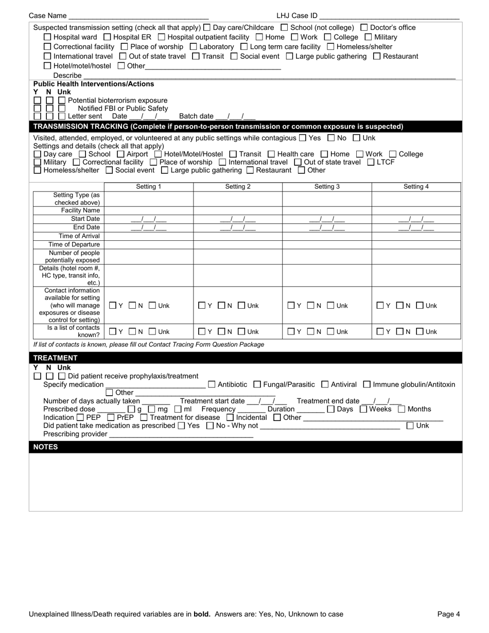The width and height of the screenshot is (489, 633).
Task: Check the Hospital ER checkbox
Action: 107,37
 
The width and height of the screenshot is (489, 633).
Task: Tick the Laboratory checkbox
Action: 194,47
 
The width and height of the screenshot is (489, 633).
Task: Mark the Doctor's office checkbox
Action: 364,27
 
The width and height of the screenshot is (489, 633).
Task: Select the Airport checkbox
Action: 120,154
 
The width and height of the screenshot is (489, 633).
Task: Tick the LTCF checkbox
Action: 371,162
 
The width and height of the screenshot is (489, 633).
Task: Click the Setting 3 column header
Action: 327,187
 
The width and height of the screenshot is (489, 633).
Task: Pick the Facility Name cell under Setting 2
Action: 238,210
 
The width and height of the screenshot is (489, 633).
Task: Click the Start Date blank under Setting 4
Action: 416,219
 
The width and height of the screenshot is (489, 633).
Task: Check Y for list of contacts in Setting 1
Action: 113,332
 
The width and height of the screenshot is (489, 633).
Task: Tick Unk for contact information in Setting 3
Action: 330,306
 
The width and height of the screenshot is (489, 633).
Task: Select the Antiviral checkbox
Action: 325,384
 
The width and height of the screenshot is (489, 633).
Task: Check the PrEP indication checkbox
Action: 111,417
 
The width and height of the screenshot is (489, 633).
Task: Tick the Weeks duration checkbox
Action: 363,409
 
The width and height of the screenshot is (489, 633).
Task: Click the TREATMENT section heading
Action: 55,358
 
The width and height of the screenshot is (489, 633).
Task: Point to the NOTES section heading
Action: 45,447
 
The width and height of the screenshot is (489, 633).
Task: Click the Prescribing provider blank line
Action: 181,434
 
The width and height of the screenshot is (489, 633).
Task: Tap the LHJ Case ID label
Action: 296,16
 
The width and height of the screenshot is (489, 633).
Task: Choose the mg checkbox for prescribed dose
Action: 151,409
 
